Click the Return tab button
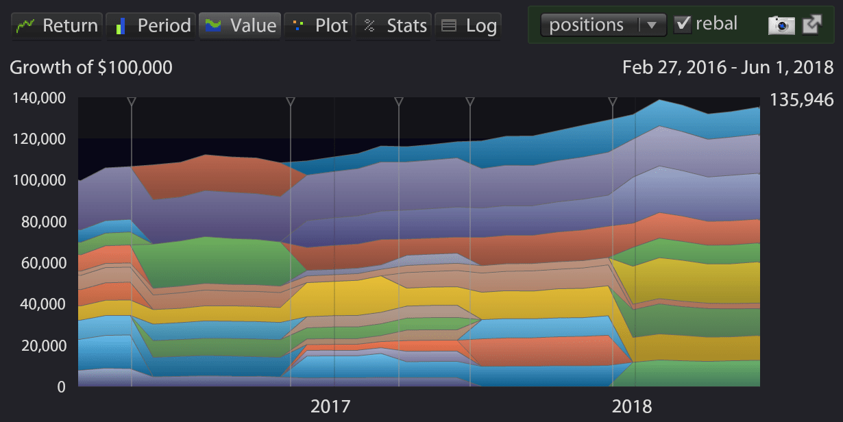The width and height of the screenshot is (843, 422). pos(57,26)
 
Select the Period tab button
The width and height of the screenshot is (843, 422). pos(151,26)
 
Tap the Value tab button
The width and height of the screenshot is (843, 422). pos(240,26)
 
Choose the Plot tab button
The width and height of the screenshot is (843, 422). pos(319,26)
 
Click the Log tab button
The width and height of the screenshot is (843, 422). pos(469,26)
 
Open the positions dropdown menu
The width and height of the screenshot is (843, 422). pos(603,25)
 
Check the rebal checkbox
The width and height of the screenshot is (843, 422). pos(683,25)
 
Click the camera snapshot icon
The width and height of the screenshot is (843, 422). pos(781,25)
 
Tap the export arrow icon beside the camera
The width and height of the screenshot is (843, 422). pos(812,25)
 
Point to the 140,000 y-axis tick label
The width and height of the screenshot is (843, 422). pos(39,98)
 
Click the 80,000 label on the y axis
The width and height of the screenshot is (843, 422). pos(42,222)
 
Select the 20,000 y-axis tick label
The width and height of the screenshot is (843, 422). pos(42,345)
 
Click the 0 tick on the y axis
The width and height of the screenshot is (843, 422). pos(60,387)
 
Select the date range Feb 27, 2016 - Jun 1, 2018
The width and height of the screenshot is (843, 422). pos(728,67)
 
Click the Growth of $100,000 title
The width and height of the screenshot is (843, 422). pos(91,67)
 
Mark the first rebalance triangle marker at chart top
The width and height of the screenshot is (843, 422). pos(132,102)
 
